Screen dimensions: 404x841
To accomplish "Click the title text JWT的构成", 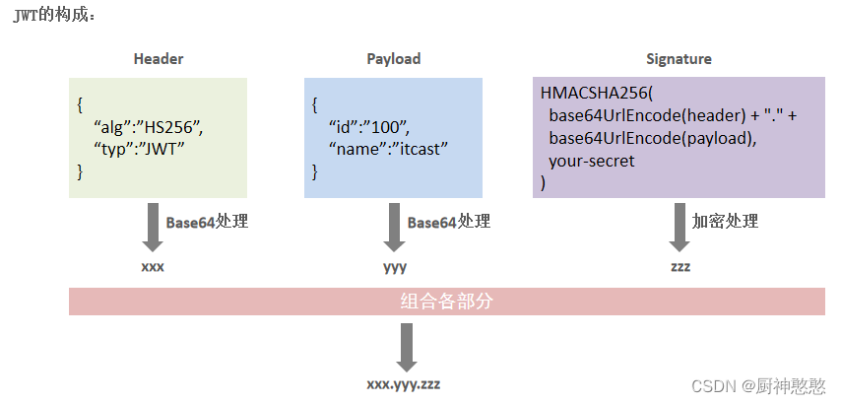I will [x=54, y=15].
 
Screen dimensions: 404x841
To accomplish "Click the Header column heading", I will [x=159, y=59].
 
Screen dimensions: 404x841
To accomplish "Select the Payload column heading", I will [x=393, y=59].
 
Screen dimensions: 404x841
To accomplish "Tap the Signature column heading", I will [x=679, y=59].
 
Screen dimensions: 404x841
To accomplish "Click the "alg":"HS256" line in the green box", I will [x=148, y=128].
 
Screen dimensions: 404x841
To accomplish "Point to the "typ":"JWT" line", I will [x=139, y=149].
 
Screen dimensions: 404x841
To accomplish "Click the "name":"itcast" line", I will [x=389, y=149].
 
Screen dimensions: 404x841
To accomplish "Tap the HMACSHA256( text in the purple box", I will [x=597, y=93].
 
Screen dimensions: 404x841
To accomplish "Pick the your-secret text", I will [x=592, y=161].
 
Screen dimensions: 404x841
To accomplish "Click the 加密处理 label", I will [x=725, y=222].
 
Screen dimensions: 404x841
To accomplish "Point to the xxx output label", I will [x=153, y=267].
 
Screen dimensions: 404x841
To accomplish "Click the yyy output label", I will [x=395, y=267].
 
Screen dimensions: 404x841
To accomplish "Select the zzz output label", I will [x=679, y=267].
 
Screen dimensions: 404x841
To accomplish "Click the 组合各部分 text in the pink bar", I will [x=446, y=302].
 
